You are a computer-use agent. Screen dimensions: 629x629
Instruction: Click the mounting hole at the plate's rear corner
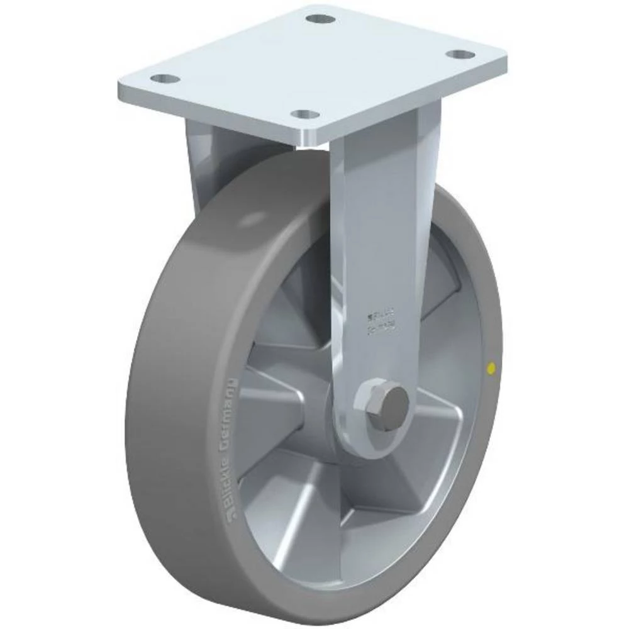pyautogui.click(x=320, y=18)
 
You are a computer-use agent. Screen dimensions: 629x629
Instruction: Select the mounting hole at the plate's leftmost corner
pyautogui.click(x=165, y=79)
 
